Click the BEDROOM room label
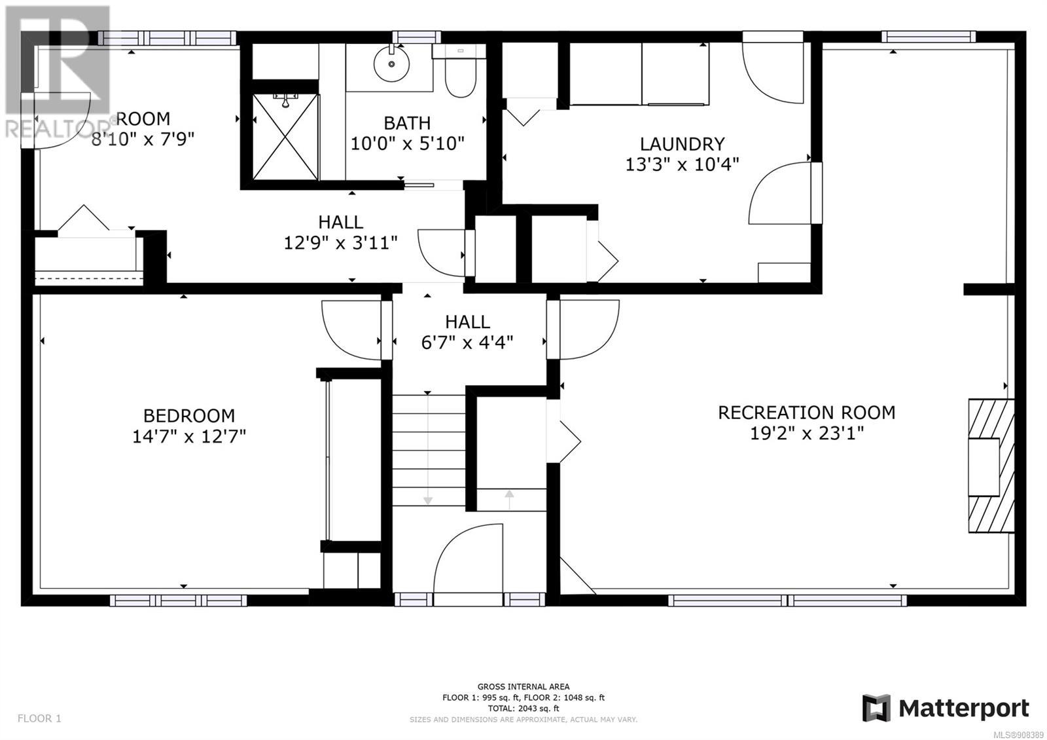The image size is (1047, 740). [189, 415]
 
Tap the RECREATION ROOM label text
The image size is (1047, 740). [807, 413]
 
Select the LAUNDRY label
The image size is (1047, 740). [683, 143]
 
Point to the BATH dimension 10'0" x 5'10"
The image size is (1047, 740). [408, 143]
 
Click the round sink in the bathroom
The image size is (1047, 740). [392, 64]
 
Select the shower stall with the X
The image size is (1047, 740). [285, 137]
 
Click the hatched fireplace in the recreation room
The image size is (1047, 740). [991, 466]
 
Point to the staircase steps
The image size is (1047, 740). [429, 450]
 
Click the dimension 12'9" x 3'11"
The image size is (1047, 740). [341, 243]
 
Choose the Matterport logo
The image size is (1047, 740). [946, 709]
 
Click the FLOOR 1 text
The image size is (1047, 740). [39, 718]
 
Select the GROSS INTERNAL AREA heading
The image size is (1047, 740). [523, 687]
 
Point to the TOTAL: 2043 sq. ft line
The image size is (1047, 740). [523, 709]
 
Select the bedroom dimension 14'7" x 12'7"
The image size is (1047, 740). [189, 436]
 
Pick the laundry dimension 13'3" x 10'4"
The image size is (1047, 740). [683, 164]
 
